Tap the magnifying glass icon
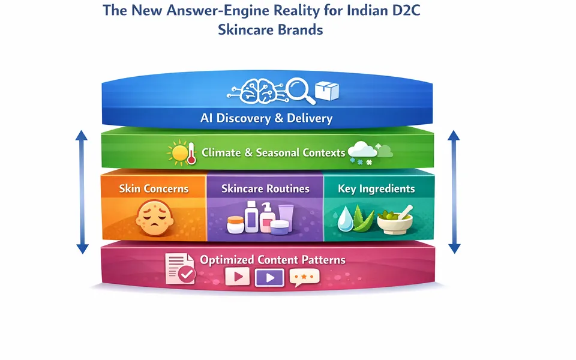[x=301, y=91]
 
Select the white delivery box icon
[x=326, y=91]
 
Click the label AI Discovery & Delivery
[x=266, y=118]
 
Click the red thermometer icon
[x=191, y=154]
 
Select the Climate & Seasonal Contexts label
[x=274, y=152]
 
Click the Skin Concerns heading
[x=154, y=189]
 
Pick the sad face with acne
[x=155, y=218]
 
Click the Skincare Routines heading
[x=265, y=189]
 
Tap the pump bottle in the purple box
[x=267, y=217]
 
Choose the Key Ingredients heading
[x=376, y=189]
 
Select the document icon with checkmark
[x=179, y=269]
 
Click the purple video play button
[x=269, y=277]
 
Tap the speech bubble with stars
[x=304, y=277]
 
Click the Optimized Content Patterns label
[x=272, y=260]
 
